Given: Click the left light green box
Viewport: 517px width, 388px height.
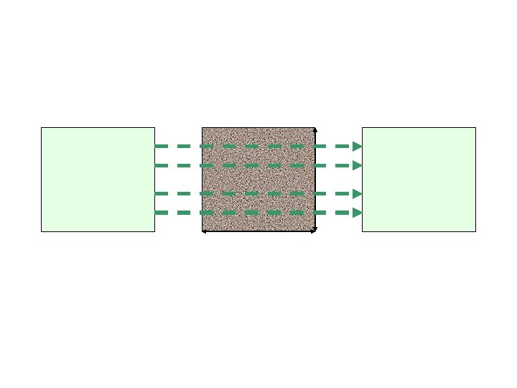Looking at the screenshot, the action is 98,180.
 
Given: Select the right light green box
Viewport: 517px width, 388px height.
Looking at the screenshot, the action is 419,180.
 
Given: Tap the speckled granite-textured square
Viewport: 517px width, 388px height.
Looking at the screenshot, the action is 258,179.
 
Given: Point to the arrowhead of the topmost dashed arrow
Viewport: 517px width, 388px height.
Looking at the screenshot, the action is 357,146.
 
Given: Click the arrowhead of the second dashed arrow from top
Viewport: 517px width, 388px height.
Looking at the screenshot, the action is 357,165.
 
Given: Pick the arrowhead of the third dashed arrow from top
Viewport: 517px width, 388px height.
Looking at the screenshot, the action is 357,193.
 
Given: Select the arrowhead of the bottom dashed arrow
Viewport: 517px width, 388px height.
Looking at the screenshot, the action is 357,213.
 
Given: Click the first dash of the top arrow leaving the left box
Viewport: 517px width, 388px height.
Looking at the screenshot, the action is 162,146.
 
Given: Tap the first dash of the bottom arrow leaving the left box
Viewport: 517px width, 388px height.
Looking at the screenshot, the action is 162,213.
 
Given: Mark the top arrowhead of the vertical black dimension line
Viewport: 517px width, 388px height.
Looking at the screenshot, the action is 316,129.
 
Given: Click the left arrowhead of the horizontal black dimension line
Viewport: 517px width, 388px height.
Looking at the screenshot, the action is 204,231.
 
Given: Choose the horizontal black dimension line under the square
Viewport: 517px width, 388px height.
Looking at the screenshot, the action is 258,231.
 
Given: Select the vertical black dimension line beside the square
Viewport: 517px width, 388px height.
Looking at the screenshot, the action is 316,180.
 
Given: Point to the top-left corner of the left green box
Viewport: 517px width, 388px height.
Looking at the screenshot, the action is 42,128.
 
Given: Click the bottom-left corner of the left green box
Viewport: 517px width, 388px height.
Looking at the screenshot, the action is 42,231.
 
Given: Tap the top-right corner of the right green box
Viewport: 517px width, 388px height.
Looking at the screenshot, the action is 475,128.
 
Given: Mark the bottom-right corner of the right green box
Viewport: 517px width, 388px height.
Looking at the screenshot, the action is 475,231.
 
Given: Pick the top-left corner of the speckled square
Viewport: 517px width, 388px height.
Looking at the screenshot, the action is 202,128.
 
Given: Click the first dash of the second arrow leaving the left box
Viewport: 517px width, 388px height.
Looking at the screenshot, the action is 162,165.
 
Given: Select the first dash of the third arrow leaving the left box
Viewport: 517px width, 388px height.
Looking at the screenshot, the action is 162,193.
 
